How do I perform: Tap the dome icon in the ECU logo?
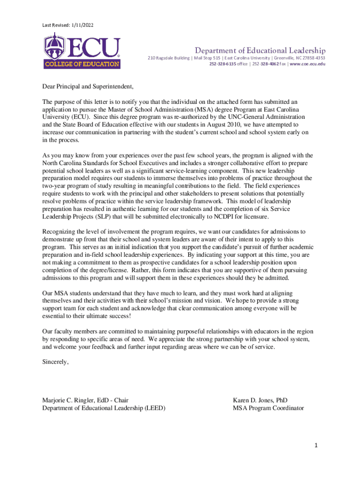pyautogui.click(x=54, y=46)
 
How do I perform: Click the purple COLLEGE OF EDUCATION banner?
pyautogui.click(x=82, y=64)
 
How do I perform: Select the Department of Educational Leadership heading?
pyautogui.click(x=260, y=51)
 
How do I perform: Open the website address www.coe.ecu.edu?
pyautogui.click(x=308, y=64)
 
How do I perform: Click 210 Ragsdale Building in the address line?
pyautogui.click(x=168, y=58)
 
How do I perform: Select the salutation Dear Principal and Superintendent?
pyautogui.click(x=88, y=87)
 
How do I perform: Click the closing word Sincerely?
pyautogui.click(x=56, y=362)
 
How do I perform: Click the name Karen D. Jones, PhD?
pyautogui.click(x=260, y=400)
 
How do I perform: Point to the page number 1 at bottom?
pyautogui.click(x=316, y=446)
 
